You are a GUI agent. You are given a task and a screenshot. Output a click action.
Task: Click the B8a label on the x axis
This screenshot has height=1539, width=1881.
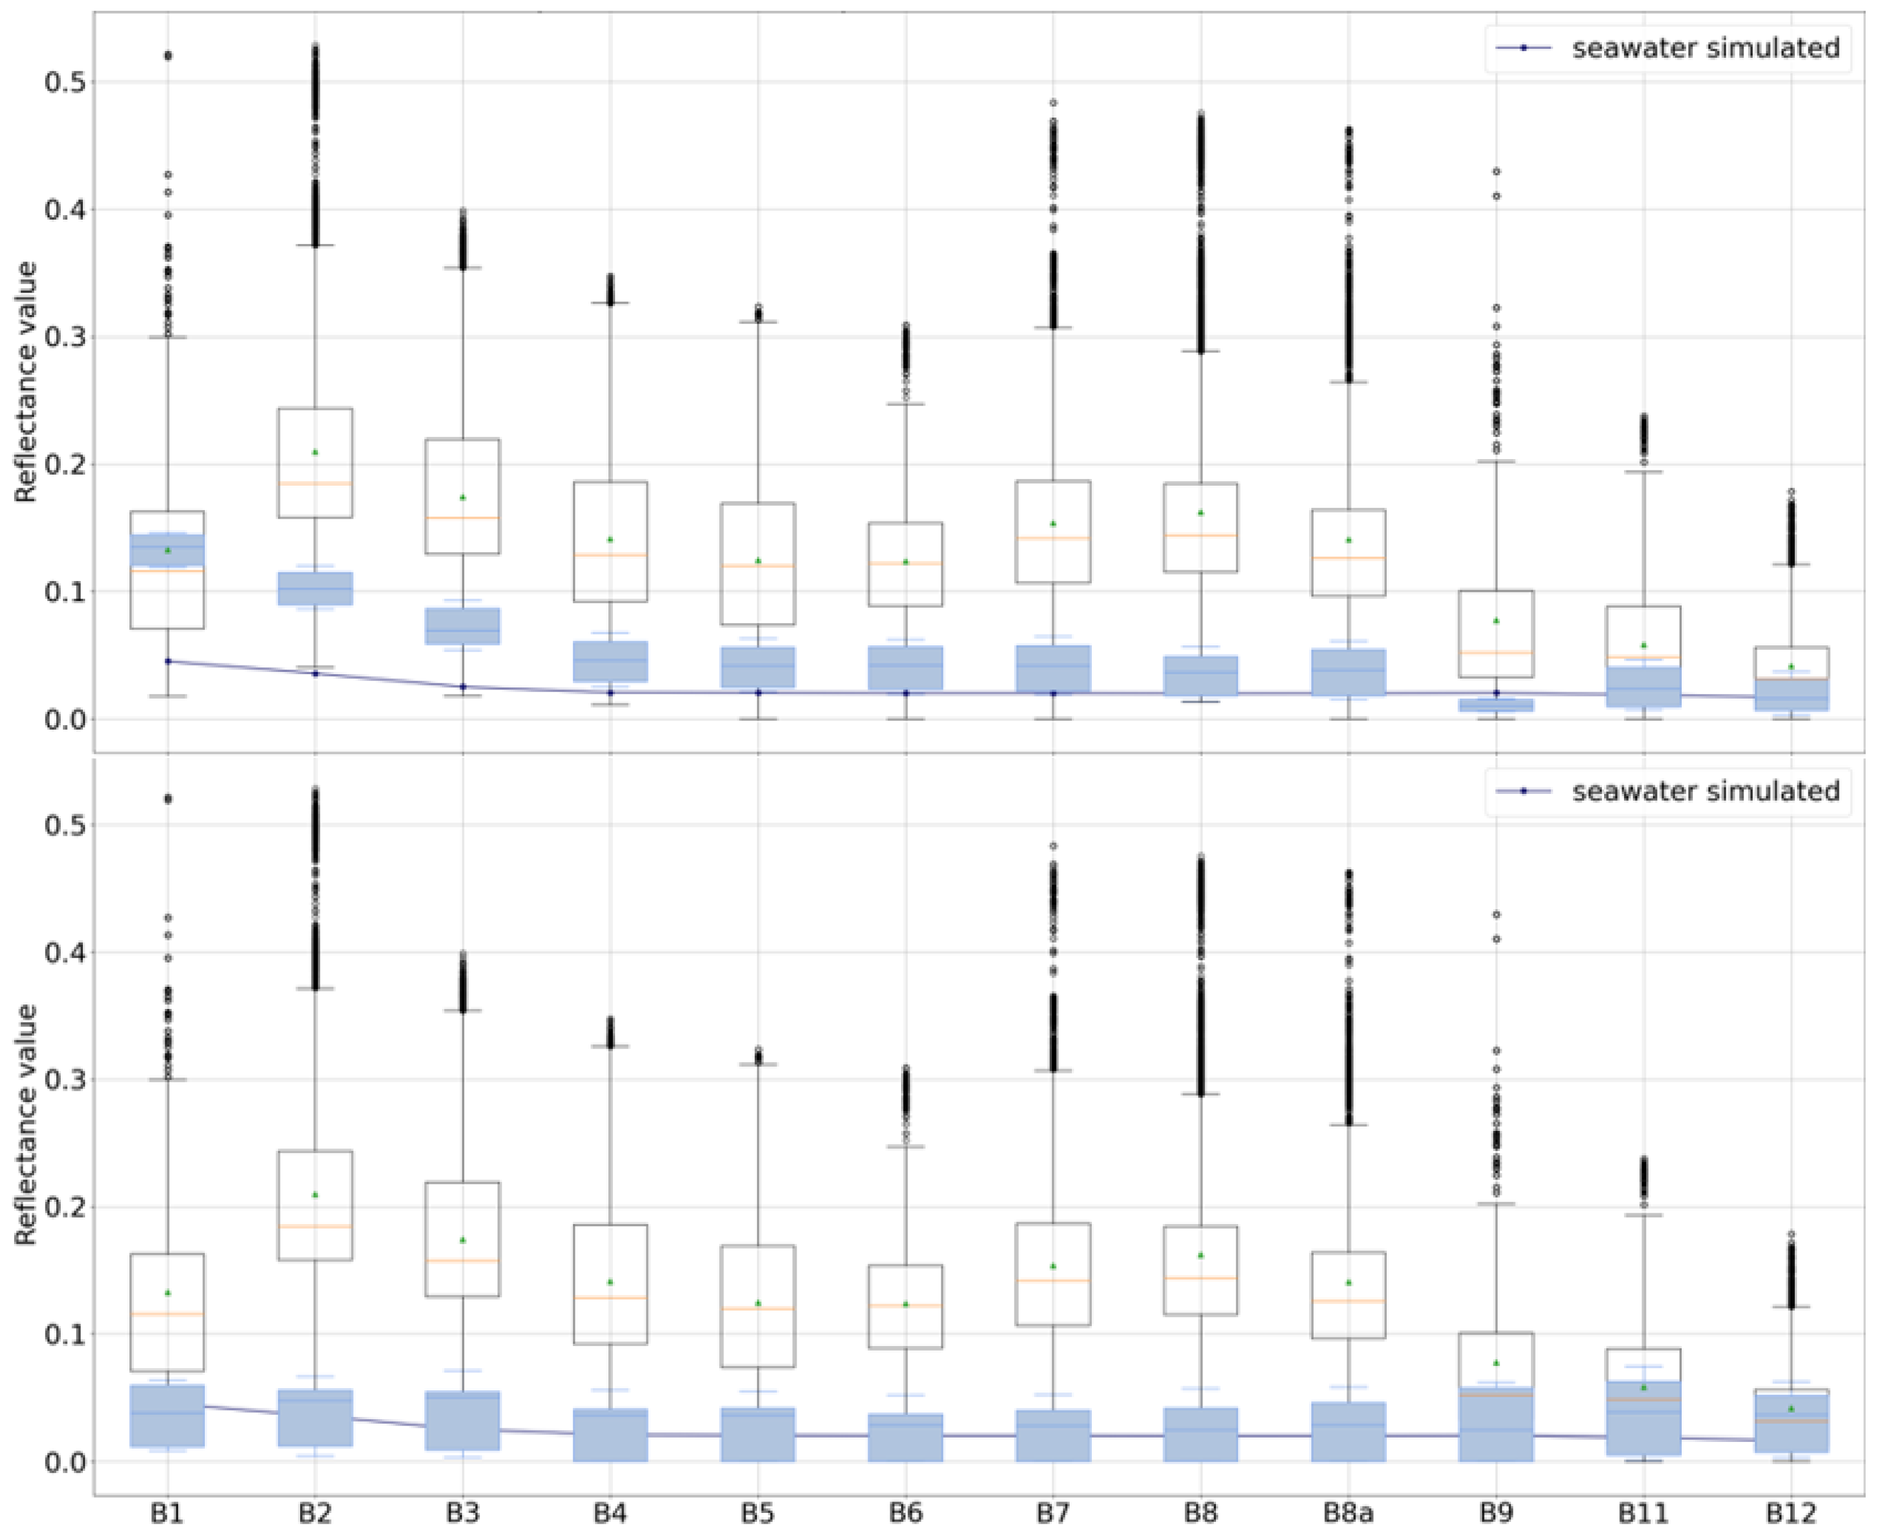pos(1348,1512)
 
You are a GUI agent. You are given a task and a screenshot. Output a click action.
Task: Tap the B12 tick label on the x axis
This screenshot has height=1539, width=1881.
pos(1791,1512)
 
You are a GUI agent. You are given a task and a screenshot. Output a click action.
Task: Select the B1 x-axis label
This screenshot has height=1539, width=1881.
pos(167,1512)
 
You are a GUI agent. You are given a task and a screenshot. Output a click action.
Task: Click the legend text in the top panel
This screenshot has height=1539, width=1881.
pos(1706,48)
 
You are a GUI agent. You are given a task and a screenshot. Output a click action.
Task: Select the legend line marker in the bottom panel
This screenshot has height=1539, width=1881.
pos(1523,790)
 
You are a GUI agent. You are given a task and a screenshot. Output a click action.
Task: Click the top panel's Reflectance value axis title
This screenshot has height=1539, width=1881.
pos(27,381)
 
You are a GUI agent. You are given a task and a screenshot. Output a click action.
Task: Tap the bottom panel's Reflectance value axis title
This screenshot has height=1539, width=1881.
pos(27,1124)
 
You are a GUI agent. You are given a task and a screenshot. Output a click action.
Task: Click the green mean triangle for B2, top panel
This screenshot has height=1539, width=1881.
pos(315,452)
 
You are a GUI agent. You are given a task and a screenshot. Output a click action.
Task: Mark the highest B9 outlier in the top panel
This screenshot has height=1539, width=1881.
pos(1496,171)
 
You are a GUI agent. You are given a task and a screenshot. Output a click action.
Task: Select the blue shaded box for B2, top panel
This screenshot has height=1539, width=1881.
pos(315,588)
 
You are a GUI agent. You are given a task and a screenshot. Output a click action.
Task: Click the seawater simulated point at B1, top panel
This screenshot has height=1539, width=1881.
pos(167,661)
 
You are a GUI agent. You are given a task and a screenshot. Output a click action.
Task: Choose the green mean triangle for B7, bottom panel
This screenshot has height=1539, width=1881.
pos(1053,1266)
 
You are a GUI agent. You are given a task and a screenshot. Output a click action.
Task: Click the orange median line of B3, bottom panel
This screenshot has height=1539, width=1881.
pos(462,1260)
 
